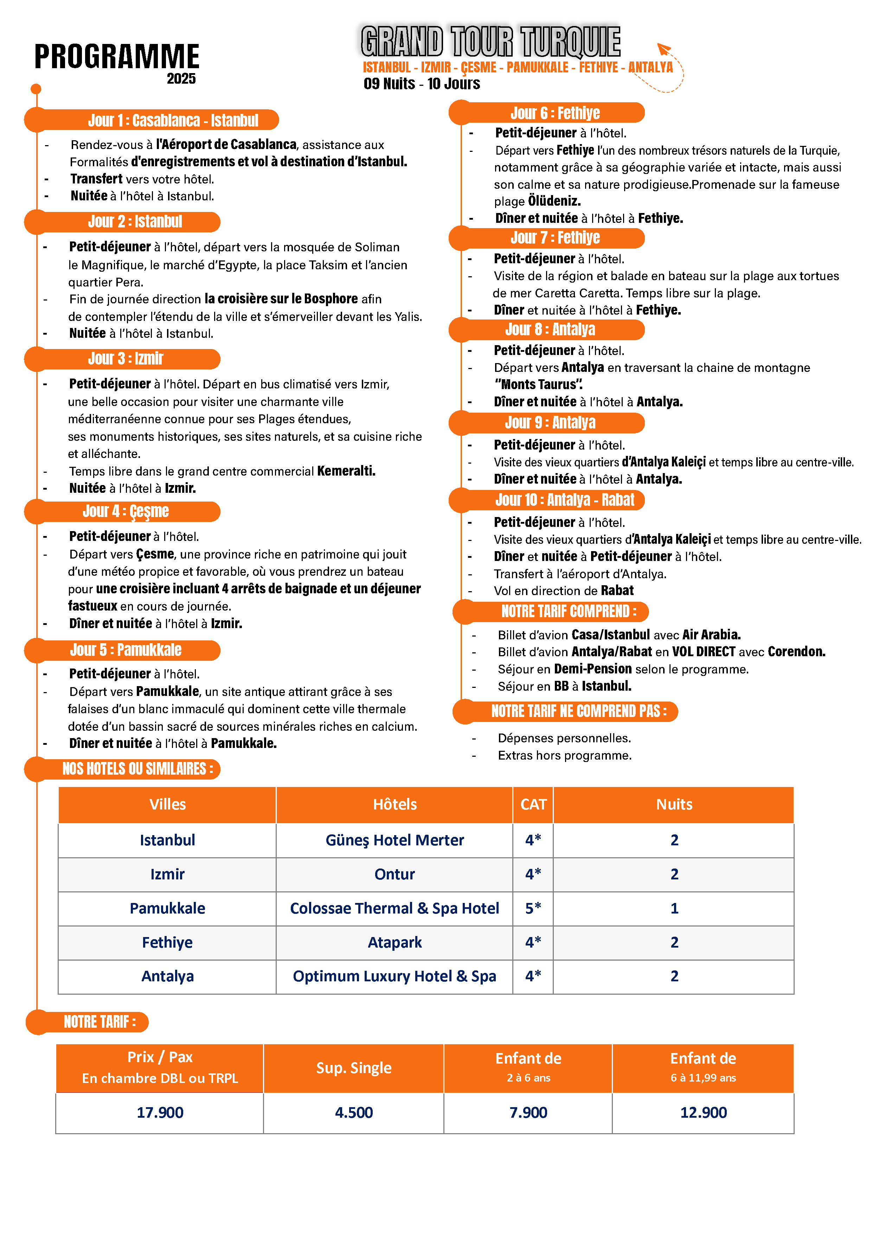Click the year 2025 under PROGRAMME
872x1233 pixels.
181,79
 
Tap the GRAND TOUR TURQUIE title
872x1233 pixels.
490,41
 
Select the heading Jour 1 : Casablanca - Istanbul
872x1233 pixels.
173,120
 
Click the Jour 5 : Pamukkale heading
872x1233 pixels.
126,650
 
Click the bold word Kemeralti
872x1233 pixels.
346,471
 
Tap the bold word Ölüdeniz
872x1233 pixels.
554,201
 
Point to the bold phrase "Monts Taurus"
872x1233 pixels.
538,385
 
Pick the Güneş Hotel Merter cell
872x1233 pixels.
395,840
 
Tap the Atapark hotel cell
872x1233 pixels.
395,942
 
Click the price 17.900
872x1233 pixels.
160,1112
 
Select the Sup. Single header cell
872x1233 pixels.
353,1067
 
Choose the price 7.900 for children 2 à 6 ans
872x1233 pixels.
528,1112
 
